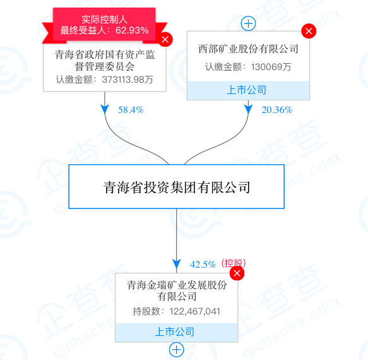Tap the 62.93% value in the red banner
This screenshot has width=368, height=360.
[132, 30]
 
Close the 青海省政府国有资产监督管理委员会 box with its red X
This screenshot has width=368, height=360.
[165, 39]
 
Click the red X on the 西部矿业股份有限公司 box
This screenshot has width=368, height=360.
[309, 31]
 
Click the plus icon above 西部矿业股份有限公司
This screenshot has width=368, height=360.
[248, 23]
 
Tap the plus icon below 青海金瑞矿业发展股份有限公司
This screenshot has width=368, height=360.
[177, 350]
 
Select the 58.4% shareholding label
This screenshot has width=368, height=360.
[131, 110]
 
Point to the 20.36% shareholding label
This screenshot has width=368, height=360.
[277, 110]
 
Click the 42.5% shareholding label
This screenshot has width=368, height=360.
[203, 265]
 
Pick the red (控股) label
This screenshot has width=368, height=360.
[234, 263]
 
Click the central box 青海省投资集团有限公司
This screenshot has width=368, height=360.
[177, 187]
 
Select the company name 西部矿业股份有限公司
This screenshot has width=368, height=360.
[248, 49]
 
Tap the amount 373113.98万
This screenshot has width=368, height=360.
[128, 80]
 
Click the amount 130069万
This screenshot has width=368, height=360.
[271, 67]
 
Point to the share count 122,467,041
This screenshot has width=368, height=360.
[195, 311]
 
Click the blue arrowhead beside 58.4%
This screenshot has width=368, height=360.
[105, 109]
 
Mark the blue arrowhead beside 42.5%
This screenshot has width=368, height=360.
[177, 264]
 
